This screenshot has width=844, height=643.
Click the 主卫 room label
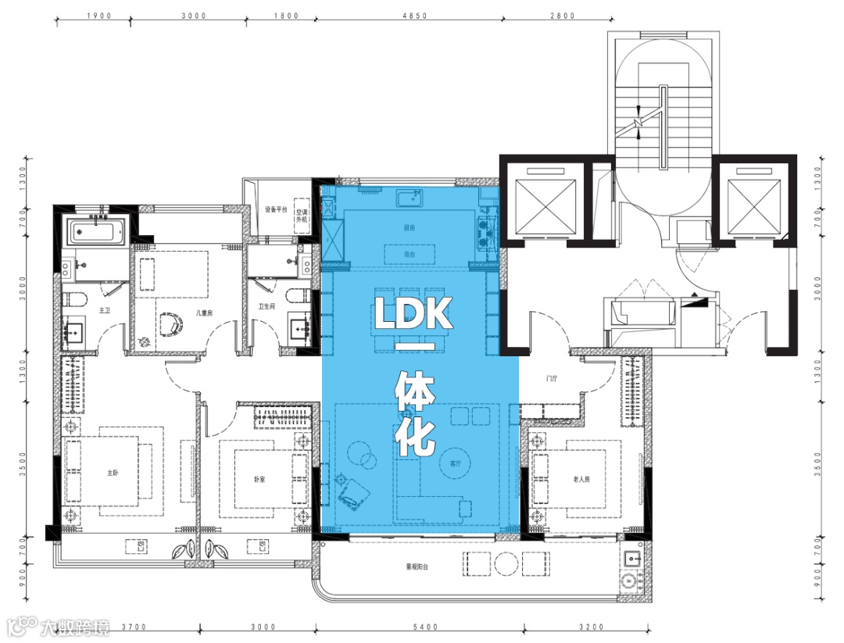coord(104,310)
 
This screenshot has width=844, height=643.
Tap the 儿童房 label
coord(184,310)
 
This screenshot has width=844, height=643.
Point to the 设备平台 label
coord(276,209)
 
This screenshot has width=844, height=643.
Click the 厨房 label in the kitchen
coord(409,227)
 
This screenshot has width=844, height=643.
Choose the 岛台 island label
coord(409,254)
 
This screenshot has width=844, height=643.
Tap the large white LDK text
coord(413,313)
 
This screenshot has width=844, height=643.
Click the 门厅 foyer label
coord(552,379)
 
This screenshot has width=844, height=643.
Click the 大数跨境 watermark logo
coord(58,627)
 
